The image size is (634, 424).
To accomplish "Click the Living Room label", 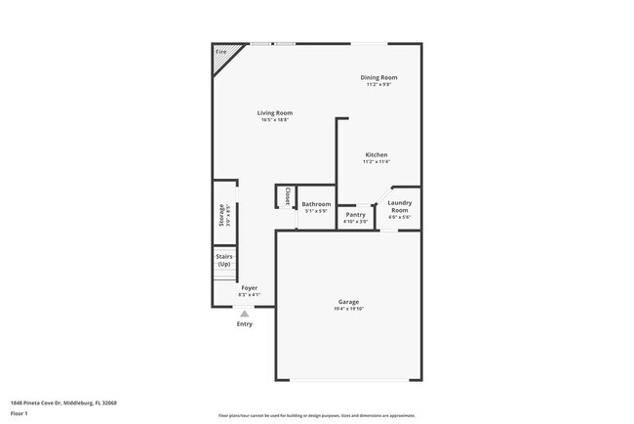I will coord(274,112).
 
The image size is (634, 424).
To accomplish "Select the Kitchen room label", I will coord(376,154).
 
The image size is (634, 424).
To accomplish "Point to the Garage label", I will coord(348,302).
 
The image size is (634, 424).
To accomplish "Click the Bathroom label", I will coord(316,204).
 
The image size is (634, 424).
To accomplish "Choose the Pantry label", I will coord(356,214).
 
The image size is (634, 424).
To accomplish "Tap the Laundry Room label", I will coord(400,206).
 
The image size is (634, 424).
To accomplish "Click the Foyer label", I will coord(249,288).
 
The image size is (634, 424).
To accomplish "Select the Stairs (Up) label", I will coord(224,260).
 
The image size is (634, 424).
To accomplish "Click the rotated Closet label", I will coord(288,196).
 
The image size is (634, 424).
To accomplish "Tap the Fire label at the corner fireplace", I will coord(220,51).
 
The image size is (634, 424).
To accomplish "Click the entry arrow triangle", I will coord(244,314).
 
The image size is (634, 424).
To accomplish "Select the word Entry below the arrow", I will coord(244,324).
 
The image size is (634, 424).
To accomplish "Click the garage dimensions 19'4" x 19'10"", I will coord(348,309).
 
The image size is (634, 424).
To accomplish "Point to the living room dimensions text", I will coord(274,119).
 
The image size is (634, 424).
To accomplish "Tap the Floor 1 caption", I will coord(20,413).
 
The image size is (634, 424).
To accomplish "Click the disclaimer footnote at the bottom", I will coord(317,416).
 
